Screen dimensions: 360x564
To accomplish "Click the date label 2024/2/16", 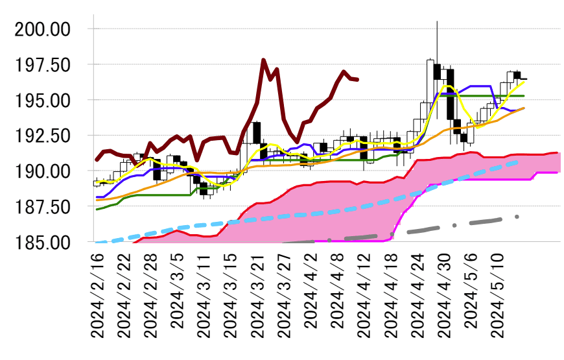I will (98, 296).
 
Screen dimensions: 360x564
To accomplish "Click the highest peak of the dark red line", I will (264, 60).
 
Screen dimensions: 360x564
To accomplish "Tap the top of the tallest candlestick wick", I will (438, 21).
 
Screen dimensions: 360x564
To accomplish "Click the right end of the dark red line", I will (358, 80).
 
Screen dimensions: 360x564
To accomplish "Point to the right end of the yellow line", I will (524, 82).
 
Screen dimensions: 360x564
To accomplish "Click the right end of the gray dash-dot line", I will (518, 217).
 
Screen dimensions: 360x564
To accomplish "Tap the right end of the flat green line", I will (524, 95).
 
